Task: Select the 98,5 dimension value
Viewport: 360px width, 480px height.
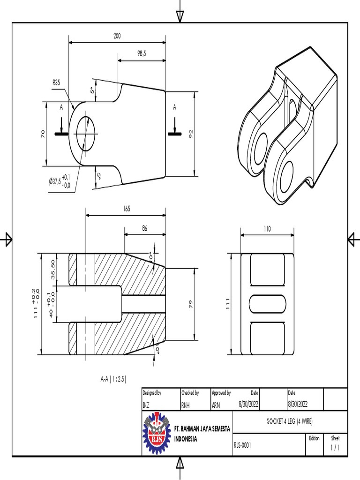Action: [142, 54]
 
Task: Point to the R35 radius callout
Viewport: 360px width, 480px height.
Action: [56, 82]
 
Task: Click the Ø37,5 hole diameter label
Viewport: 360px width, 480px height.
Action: [60, 181]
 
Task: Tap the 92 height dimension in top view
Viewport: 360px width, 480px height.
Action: [191, 134]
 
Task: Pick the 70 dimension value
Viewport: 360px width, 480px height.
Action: [43, 134]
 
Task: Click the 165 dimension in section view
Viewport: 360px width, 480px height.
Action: [126, 210]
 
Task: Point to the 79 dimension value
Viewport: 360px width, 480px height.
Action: [191, 305]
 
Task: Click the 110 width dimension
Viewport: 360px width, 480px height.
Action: [267, 229]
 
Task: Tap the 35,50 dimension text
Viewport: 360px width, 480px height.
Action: [53, 269]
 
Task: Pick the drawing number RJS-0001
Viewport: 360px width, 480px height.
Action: [242, 446]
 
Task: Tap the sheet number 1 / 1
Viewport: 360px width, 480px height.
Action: [335, 448]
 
